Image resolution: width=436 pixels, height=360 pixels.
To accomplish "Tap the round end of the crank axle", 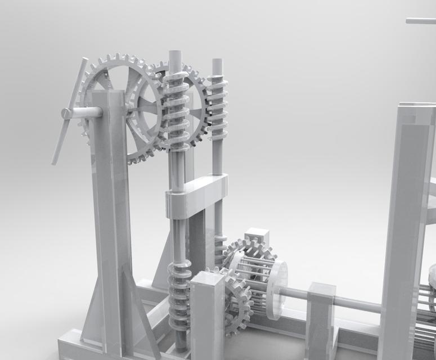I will (66, 113).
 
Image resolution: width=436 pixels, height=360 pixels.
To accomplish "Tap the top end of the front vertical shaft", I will (175, 55).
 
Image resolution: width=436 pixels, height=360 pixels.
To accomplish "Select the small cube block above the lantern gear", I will (258, 237).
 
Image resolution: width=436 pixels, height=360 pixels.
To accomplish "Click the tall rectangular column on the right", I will (406, 225).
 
